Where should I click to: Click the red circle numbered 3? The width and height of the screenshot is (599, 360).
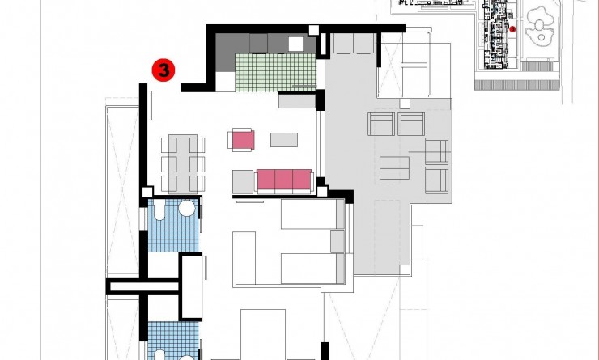click(x=163, y=71)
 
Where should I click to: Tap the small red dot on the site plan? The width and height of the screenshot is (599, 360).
click(x=512, y=29)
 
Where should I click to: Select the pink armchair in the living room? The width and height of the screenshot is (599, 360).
click(x=243, y=139)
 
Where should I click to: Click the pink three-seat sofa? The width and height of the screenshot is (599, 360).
click(x=284, y=179)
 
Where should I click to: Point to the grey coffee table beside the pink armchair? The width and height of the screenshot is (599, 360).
click(x=284, y=139)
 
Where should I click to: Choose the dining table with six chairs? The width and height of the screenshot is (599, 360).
click(x=183, y=163)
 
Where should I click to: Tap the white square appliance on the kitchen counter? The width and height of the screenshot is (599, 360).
click(x=295, y=44)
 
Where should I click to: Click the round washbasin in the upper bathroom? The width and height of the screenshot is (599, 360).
click(x=187, y=209)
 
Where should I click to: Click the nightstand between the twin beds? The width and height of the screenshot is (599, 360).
click(x=338, y=241)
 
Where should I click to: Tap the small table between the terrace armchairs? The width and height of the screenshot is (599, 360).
click(x=394, y=167)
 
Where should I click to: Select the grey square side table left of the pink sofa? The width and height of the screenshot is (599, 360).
click(x=243, y=180)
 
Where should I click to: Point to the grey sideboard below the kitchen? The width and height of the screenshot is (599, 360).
click(x=297, y=101)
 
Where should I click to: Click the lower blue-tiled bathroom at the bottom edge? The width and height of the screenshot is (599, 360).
click(x=173, y=340)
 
